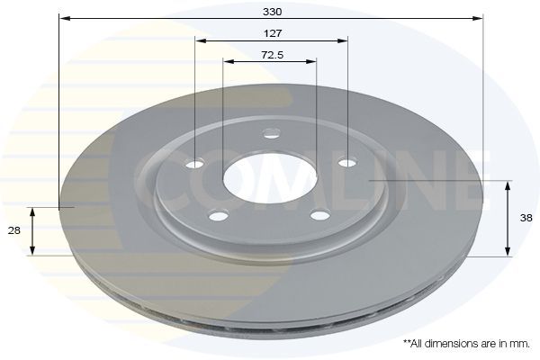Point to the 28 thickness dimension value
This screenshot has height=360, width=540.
(x=13, y=231)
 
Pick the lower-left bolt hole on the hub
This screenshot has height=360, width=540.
(x=215, y=215)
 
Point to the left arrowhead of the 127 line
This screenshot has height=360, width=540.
(x=201, y=40)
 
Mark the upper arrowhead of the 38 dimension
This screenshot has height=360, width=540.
(x=508, y=185)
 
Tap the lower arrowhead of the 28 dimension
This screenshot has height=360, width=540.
(x=32, y=250)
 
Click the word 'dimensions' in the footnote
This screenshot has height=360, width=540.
(x=450, y=344)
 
